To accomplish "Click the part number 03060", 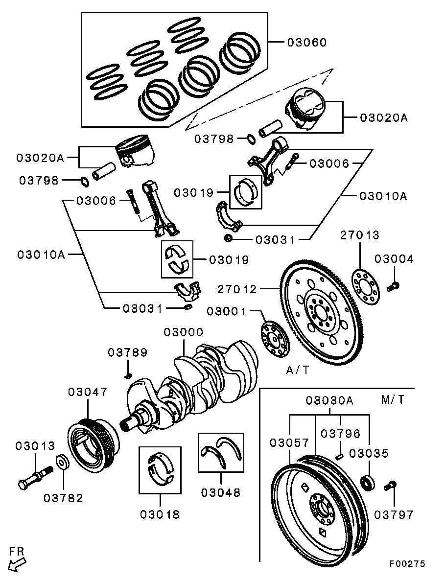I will click(306, 43).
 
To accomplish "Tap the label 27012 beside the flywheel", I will click(237, 289).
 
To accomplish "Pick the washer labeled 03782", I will click(62, 462).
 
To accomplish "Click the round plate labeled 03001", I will click(274, 338).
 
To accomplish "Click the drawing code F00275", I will click(407, 564).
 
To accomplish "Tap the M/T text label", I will click(392, 399).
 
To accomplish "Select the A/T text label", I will click(298, 370).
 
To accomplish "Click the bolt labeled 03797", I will click(390, 486).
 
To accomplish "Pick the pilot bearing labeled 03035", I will click(367, 482).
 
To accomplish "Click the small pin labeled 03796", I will click(340, 457).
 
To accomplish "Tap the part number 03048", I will click(220, 492).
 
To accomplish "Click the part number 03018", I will click(160, 514).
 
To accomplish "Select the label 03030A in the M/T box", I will click(329, 400).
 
